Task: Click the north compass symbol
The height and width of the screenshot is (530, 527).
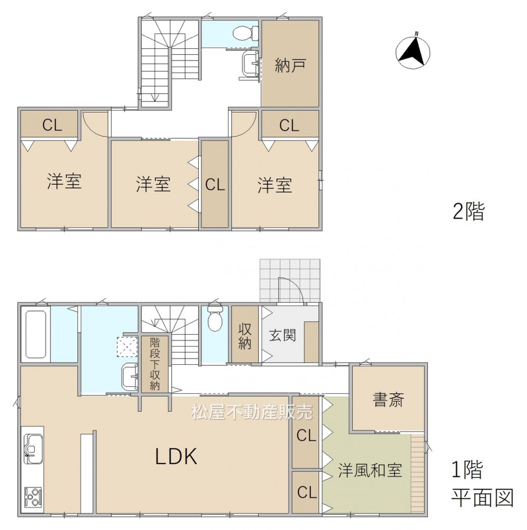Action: pos(413,52)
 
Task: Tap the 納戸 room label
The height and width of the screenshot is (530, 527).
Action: pos(290,65)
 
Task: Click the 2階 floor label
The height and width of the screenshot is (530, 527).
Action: pos(469,212)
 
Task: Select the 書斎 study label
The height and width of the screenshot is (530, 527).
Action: pos(388,399)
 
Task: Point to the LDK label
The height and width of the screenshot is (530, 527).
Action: pos(176,456)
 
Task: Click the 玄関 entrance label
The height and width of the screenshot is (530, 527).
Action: pos(282,335)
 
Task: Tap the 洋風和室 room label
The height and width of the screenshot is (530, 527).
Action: pos(370,470)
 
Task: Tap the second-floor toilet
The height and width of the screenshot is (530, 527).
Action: pos(246,33)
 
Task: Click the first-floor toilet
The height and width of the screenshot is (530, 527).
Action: pos(214,317)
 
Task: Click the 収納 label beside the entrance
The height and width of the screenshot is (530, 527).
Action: pos(245,336)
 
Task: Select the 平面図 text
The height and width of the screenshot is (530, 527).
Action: pos(483,498)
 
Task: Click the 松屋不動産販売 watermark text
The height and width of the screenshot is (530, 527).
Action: pos(252,412)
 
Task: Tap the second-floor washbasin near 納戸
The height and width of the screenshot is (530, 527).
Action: pos(251,66)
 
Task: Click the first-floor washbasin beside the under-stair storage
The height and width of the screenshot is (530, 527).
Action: pos(130,376)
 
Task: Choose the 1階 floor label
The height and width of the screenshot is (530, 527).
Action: pos(467,469)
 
